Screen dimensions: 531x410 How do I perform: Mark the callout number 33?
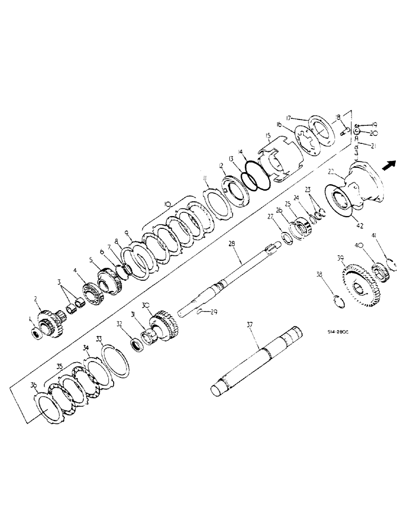tap(99, 338)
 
